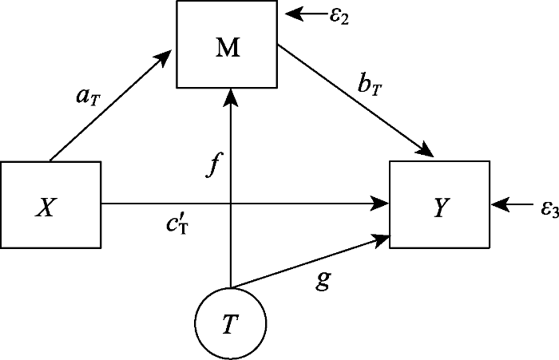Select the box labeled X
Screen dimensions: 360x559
pyautogui.click(x=50, y=204)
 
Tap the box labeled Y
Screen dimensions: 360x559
pyautogui.click(x=439, y=204)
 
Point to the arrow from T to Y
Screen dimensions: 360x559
pyautogui.click(x=307, y=261)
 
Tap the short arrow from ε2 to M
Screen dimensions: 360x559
pyautogui.click(x=305, y=14)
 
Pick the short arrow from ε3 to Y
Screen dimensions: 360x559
pyautogui.click(x=514, y=205)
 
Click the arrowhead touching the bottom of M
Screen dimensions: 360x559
pyautogui.click(x=230, y=97)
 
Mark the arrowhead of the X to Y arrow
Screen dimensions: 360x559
pyautogui.click(x=381, y=204)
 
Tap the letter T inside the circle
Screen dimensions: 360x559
pyautogui.click(x=229, y=322)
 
